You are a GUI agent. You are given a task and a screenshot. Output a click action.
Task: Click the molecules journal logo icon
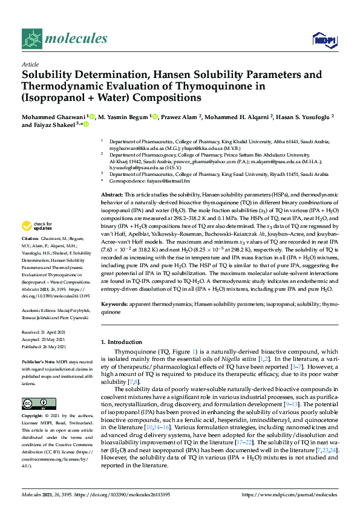tap(33, 40)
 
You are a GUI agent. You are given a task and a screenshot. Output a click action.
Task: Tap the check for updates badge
tap(39, 227)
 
